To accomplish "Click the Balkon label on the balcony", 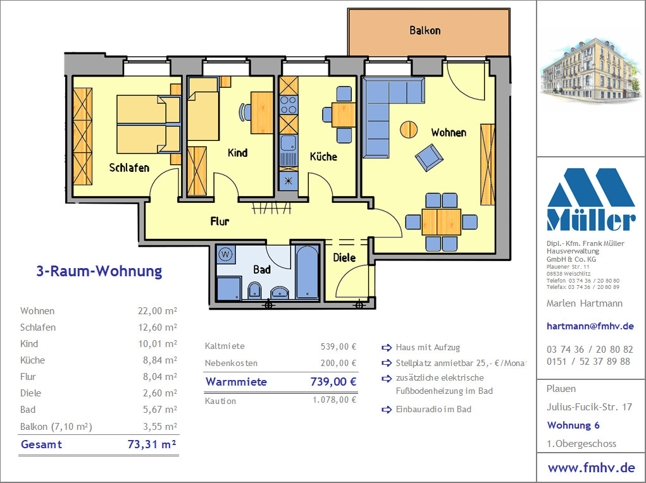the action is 425,30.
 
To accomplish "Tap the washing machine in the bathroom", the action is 225,254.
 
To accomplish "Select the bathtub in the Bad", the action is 307,272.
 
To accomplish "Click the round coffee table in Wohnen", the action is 409,130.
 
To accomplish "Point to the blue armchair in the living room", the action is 429,157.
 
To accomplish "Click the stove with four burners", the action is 289,104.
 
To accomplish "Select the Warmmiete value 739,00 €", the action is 333,382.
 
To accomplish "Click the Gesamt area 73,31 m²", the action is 152,444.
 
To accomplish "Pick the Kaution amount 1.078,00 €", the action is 335,400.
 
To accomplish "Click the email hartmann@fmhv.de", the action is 590,326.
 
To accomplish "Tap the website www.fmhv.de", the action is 591,468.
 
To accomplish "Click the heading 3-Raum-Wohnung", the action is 99,271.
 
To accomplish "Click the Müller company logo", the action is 591,199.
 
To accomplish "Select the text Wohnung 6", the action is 573,425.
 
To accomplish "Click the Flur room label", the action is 220,221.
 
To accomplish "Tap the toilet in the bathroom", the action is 254,290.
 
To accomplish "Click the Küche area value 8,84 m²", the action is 160,360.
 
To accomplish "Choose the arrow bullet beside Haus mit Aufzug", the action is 387,348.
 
